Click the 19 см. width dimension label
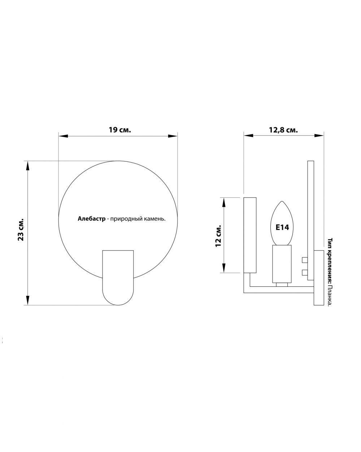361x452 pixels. pos(119,130)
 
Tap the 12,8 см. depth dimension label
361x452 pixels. pos(283,130)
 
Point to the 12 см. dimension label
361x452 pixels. pos(218,236)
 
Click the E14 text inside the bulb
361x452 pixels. pos(282,227)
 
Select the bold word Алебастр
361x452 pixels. pos(91,219)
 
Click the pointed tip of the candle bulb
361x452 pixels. pos(282,201)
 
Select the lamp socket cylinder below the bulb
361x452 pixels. pos(282,264)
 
